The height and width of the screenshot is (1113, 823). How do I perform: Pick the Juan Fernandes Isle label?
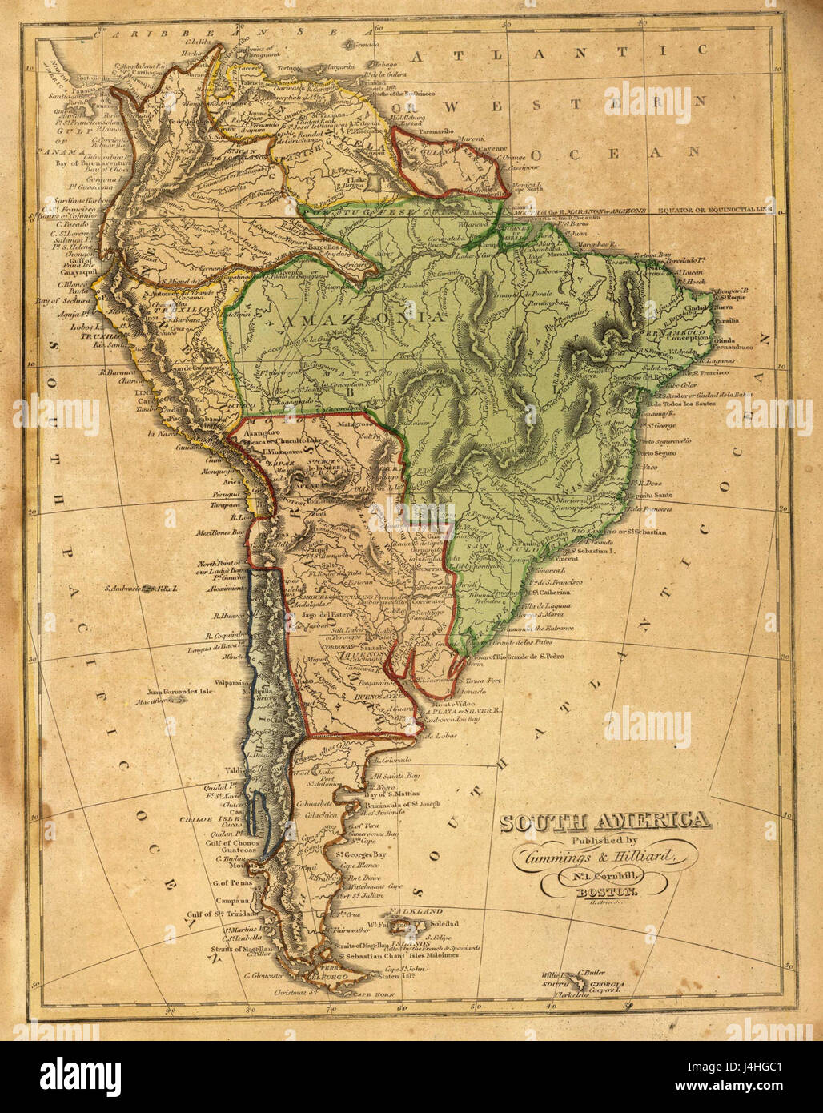coord(181,693)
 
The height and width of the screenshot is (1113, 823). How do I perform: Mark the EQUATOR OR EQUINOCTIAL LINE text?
coord(714,211)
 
